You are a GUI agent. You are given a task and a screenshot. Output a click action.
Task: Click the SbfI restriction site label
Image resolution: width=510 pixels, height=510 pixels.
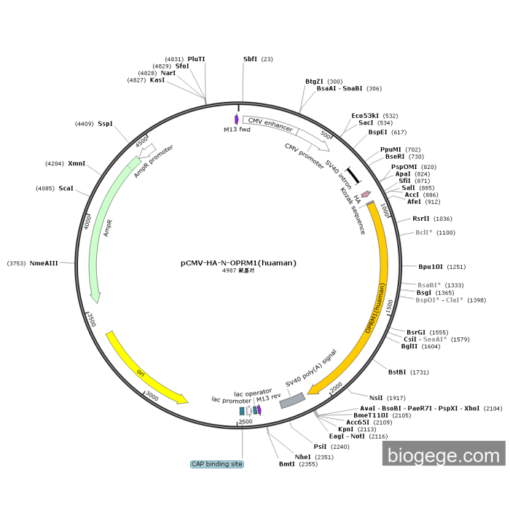pos(250,59)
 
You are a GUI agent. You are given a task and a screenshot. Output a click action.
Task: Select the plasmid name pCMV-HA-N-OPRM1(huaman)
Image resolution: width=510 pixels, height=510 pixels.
pos(239,263)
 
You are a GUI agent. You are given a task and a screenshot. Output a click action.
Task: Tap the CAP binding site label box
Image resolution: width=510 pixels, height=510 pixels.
pos(217,464)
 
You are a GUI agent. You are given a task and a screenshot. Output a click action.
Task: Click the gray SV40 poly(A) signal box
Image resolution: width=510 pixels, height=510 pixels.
pos(292,399)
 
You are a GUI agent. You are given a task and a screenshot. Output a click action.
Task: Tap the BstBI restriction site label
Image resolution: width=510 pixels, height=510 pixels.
pos(398,372)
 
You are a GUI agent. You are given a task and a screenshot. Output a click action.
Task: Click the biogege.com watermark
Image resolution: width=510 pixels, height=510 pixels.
pos(443,456)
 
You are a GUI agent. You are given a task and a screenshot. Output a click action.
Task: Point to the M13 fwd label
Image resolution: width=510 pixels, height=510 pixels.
pos(237,129)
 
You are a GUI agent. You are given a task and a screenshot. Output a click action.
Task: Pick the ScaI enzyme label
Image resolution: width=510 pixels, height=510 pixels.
pos(66,189)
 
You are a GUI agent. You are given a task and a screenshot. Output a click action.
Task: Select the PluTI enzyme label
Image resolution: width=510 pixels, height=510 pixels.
pos(196,59)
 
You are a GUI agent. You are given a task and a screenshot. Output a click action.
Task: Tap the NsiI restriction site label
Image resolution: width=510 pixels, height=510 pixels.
pos(376,397)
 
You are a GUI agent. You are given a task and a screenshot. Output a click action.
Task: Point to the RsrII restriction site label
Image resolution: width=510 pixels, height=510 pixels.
pos(421,219)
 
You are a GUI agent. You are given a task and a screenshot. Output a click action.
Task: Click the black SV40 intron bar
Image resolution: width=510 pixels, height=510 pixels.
pos(353,176)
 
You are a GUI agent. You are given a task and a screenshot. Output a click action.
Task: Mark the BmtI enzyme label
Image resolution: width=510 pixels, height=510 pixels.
pos(286,463)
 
